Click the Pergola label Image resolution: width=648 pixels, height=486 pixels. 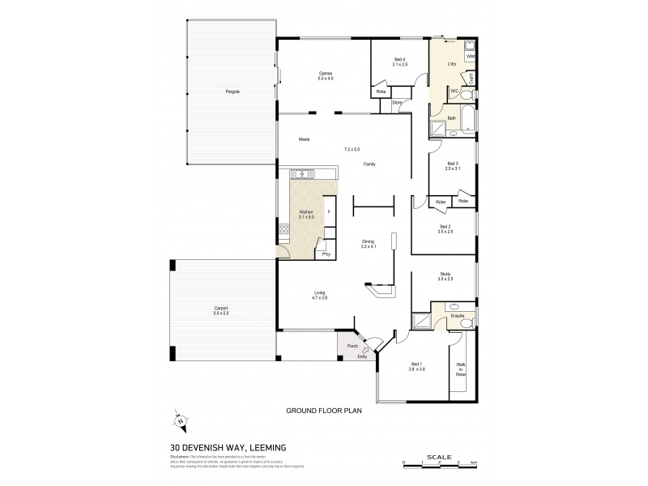pyautogui.click(x=232, y=91)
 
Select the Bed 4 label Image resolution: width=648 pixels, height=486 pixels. pyautogui.click(x=399, y=61)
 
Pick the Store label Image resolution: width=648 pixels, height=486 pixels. pyautogui.click(x=397, y=103)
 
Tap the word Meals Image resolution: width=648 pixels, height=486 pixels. pyautogui.click(x=304, y=139)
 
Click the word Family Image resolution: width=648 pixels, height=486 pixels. pyautogui.click(x=369, y=164)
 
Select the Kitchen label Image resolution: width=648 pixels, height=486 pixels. pyautogui.click(x=306, y=212)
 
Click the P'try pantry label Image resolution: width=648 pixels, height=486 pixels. pyautogui.click(x=326, y=254)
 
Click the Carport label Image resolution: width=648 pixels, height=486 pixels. pyautogui.click(x=221, y=309)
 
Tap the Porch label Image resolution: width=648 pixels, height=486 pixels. pyautogui.click(x=352, y=346)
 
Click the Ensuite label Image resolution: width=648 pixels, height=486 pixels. pyautogui.click(x=446, y=317)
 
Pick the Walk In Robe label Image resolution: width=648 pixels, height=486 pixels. pyautogui.click(x=461, y=369)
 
